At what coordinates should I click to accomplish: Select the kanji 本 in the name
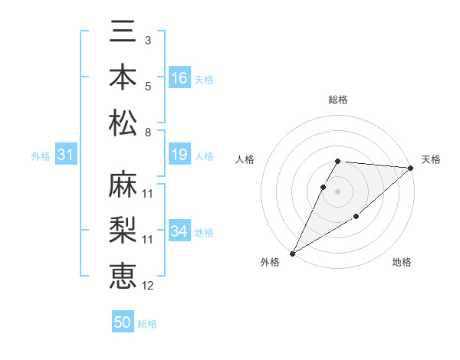[x=123, y=77]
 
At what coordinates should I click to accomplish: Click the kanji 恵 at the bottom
[x=123, y=277]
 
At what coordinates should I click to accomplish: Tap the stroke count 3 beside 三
[x=147, y=40]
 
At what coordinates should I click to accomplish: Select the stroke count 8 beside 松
[x=147, y=133]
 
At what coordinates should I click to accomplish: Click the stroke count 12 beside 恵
[x=147, y=286]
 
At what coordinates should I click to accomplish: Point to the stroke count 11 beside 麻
[x=147, y=193]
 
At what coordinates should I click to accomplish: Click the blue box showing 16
[x=179, y=78]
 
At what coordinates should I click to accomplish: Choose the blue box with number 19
[x=179, y=155]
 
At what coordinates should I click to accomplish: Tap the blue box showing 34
[x=179, y=232]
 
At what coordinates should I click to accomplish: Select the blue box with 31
[x=65, y=155]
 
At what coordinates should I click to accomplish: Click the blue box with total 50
[x=123, y=322]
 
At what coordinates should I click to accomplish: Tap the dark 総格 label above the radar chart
[x=338, y=100]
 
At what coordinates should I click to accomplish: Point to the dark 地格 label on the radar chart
[x=402, y=263]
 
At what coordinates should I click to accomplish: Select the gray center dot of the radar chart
[x=338, y=191]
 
